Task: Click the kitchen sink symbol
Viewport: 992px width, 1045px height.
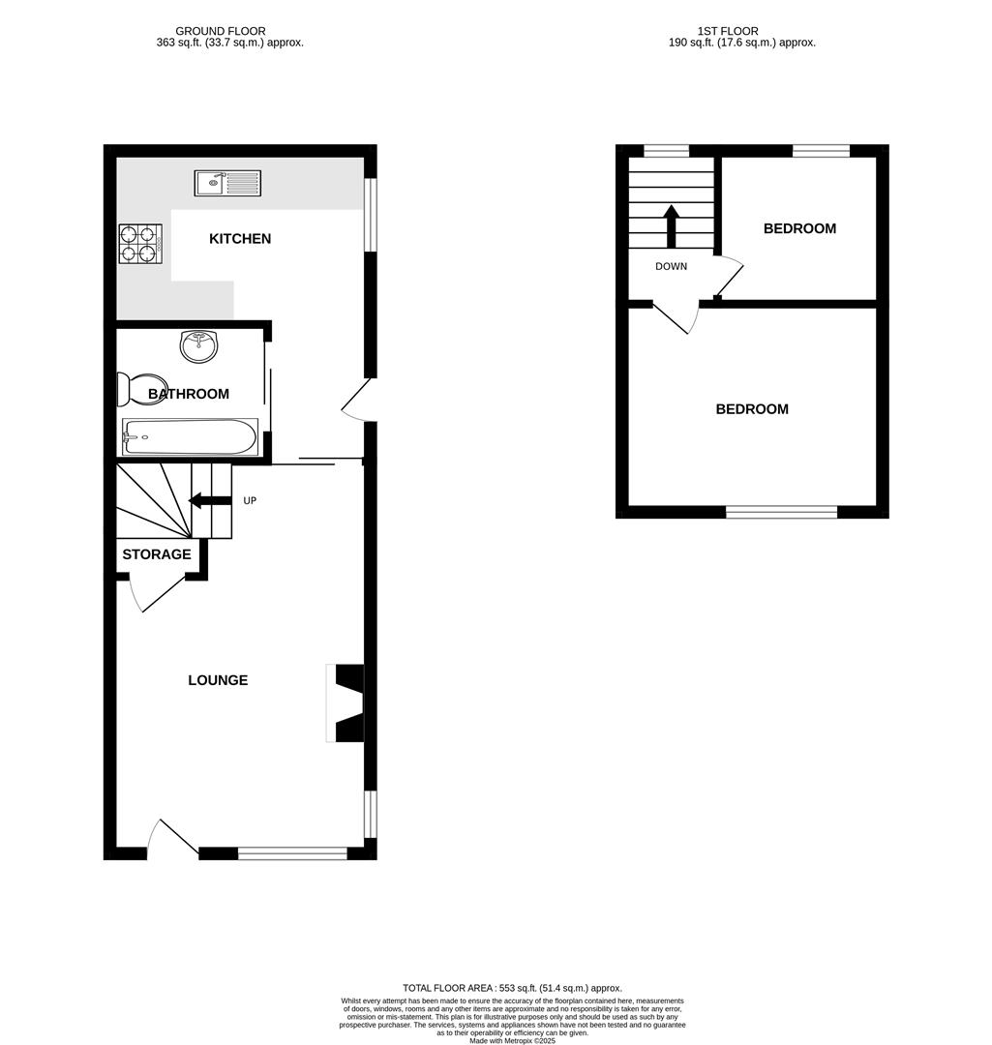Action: pos(227,182)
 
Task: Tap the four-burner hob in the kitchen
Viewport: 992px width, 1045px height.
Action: pos(138,244)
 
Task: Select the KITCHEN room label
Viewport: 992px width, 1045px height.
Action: pos(240,239)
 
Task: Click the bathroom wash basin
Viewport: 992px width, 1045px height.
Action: pos(200,346)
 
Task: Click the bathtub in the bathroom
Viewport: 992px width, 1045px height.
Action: pos(190,436)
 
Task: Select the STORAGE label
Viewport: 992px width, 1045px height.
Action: pos(156,554)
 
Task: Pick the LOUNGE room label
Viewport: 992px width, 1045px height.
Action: pos(218,680)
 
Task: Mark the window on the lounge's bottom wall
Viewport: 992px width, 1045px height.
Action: pos(292,853)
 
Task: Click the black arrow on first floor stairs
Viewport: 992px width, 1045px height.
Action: pos(671,224)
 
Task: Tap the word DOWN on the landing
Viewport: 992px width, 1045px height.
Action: pos(671,266)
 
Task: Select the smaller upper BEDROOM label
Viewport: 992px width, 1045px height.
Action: pos(799,229)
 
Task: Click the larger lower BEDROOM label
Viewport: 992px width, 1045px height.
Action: pos(752,409)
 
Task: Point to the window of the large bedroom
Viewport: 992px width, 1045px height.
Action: pos(781,512)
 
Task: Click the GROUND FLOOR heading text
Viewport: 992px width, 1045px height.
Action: pos(220,32)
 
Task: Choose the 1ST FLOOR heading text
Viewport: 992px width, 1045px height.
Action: pos(728,32)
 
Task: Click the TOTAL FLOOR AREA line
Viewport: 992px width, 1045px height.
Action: pos(512,988)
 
